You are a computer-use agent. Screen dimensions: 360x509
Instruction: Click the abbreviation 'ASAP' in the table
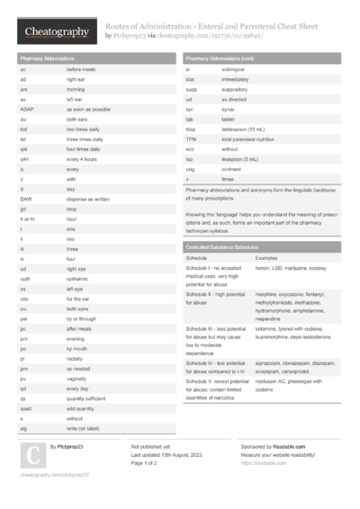(x=26, y=108)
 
